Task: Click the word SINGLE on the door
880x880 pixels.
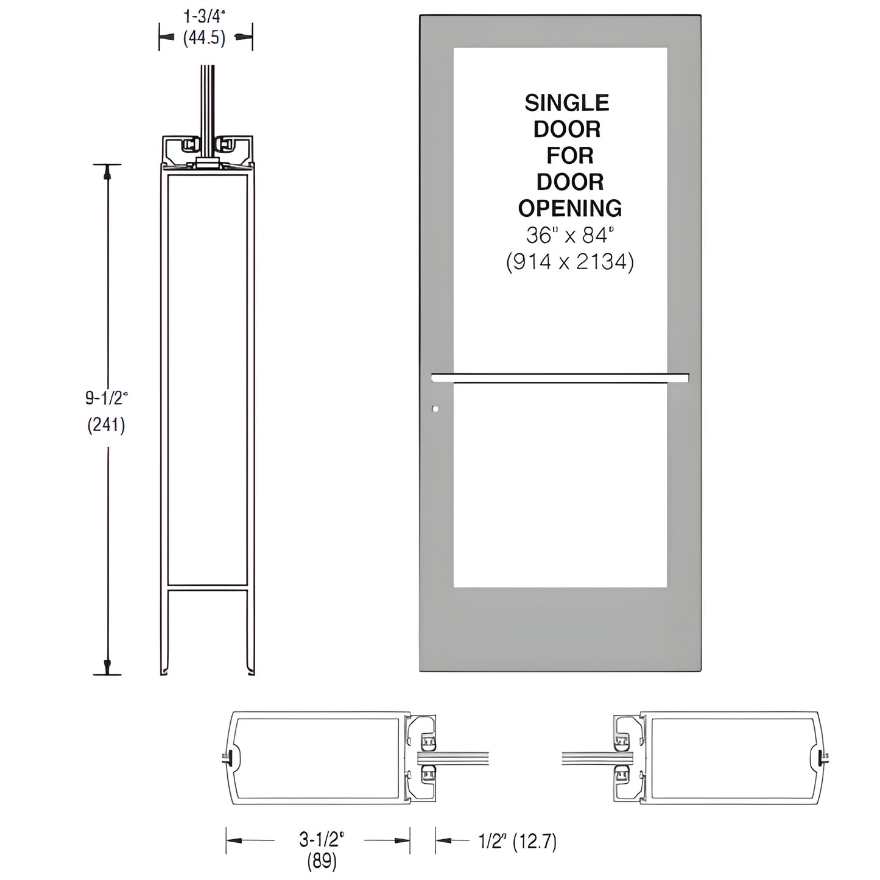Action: [x=566, y=103]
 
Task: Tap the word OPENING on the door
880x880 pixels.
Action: [x=569, y=208]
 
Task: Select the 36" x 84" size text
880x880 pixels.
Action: [x=569, y=234]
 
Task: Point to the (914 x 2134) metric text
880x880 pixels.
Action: [x=569, y=262]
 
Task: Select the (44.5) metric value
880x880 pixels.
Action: [x=205, y=38]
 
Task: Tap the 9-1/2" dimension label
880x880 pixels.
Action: [x=107, y=398]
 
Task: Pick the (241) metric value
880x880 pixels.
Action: [x=107, y=424]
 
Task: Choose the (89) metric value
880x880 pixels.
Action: [x=321, y=861]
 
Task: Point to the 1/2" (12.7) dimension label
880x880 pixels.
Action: [x=516, y=841]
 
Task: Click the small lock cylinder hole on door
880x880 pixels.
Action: [x=435, y=409]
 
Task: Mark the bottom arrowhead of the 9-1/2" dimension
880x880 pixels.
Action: [x=108, y=666]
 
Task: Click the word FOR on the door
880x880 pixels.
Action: [x=569, y=156]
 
